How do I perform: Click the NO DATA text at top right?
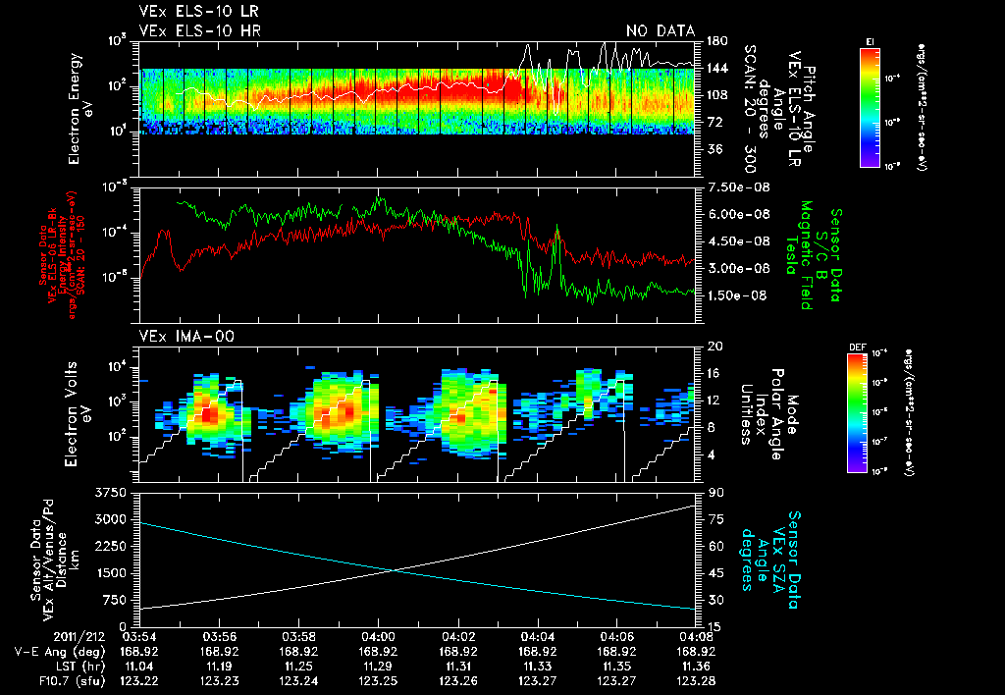click(660, 31)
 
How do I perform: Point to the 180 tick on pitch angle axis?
click(716, 40)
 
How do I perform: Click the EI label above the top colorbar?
click(870, 41)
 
